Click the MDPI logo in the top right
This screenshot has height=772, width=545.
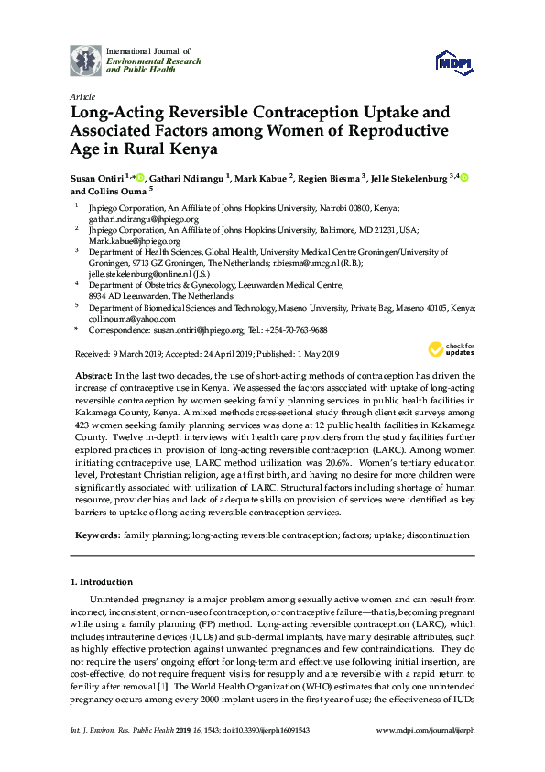pos(453,61)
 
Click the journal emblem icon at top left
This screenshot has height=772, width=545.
pos(86,61)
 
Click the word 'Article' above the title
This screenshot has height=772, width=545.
pos(82,96)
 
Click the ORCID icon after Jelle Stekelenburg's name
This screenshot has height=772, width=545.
pos(463,178)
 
